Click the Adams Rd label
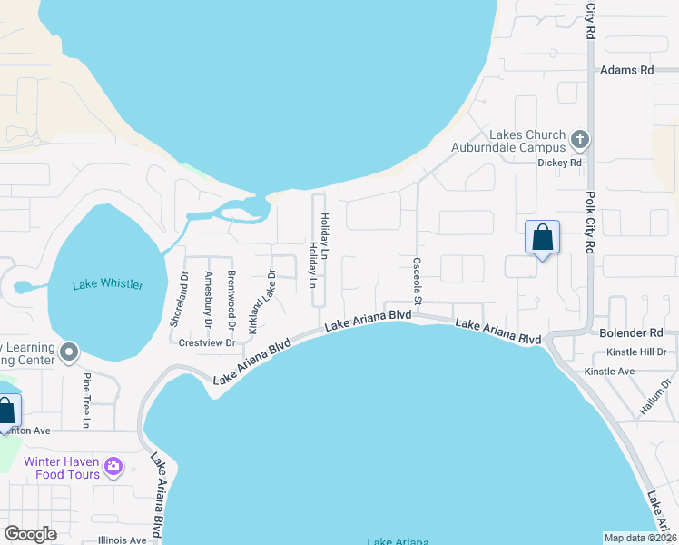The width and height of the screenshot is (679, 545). click(x=625, y=70)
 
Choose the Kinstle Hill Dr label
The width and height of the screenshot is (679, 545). click(x=637, y=352)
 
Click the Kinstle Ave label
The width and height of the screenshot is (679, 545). click(x=609, y=372)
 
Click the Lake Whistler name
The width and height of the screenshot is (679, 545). click(x=108, y=285)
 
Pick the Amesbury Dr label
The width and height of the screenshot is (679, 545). click(x=208, y=299)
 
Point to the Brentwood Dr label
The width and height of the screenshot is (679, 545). click(x=231, y=299)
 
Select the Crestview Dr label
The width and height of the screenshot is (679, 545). click(x=207, y=343)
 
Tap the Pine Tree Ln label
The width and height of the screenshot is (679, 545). click(x=87, y=400)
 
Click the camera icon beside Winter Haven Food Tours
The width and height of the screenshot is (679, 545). click(x=113, y=467)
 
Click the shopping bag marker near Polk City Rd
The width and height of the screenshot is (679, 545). click(x=542, y=238)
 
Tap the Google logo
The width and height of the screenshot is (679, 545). click(x=30, y=534)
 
